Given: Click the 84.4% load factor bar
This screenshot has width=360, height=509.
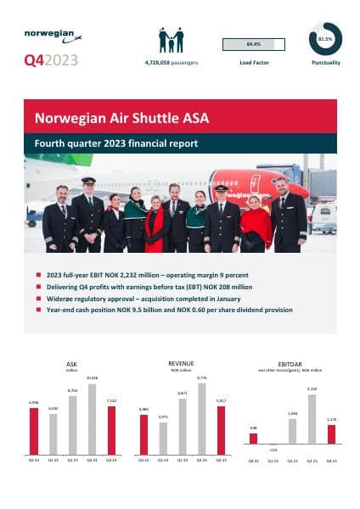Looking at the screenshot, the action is point(252,44).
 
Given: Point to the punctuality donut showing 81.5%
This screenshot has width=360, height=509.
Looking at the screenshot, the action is point(324,40).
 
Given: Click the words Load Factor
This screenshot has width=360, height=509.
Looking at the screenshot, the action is point(253,64).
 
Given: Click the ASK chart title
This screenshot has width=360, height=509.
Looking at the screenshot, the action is point(70,364).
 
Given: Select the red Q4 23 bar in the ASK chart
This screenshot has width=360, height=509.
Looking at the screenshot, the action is point(112,430).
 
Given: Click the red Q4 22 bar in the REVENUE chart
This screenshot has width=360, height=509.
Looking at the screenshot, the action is point(143,434).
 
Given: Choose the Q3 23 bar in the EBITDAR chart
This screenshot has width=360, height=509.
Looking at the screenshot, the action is point(312,419).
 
